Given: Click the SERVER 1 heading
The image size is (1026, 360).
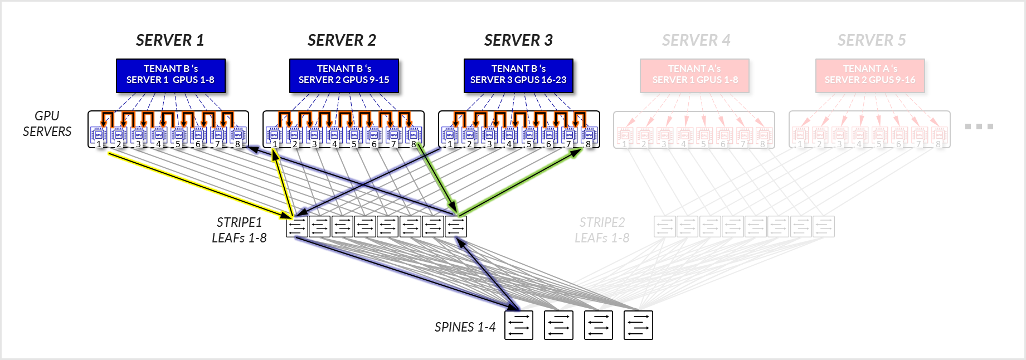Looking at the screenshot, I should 170,40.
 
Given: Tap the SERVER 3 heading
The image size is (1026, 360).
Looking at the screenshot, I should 518,40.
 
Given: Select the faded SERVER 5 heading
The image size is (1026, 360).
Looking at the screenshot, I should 871,40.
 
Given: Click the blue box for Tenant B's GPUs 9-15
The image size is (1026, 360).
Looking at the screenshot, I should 344,75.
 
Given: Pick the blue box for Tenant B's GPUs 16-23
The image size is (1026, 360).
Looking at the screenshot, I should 518,75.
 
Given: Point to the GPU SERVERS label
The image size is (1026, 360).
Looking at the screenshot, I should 47,124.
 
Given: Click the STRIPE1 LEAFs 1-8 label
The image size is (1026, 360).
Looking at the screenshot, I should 239,230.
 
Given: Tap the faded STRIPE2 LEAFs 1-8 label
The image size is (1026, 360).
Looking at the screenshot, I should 602,230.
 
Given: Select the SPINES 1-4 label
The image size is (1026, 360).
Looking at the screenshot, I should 465,327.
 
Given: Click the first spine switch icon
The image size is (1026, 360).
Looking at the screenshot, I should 519,325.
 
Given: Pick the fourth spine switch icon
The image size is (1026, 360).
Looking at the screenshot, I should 638,325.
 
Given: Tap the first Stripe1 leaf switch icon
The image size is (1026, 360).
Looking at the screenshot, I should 297,227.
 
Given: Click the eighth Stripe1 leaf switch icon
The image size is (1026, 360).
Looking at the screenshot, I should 456,227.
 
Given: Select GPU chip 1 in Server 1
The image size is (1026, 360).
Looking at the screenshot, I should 99,135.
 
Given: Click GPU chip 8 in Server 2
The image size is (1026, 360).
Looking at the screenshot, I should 414,135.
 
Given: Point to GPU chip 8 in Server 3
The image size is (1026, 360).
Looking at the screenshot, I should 589,135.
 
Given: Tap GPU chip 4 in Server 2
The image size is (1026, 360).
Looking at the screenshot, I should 334,135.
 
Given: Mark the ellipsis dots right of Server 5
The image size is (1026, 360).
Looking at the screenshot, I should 979,127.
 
